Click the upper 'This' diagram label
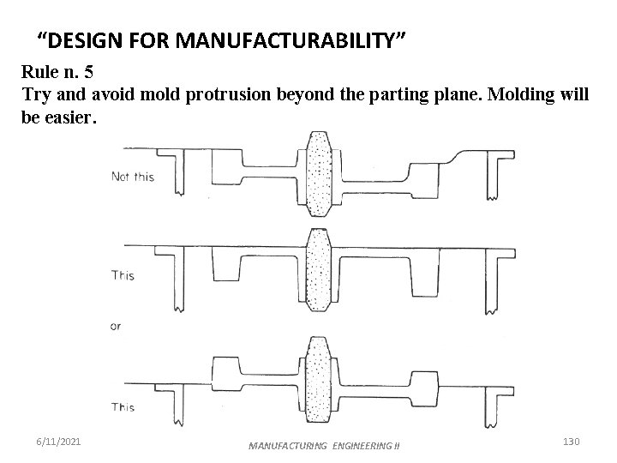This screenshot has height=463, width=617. click(x=123, y=275)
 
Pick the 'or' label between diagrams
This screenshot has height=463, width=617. click(x=117, y=326)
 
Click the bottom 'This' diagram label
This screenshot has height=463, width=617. click(x=123, y=406)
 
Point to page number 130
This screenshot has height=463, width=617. click(x=572, y=441)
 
